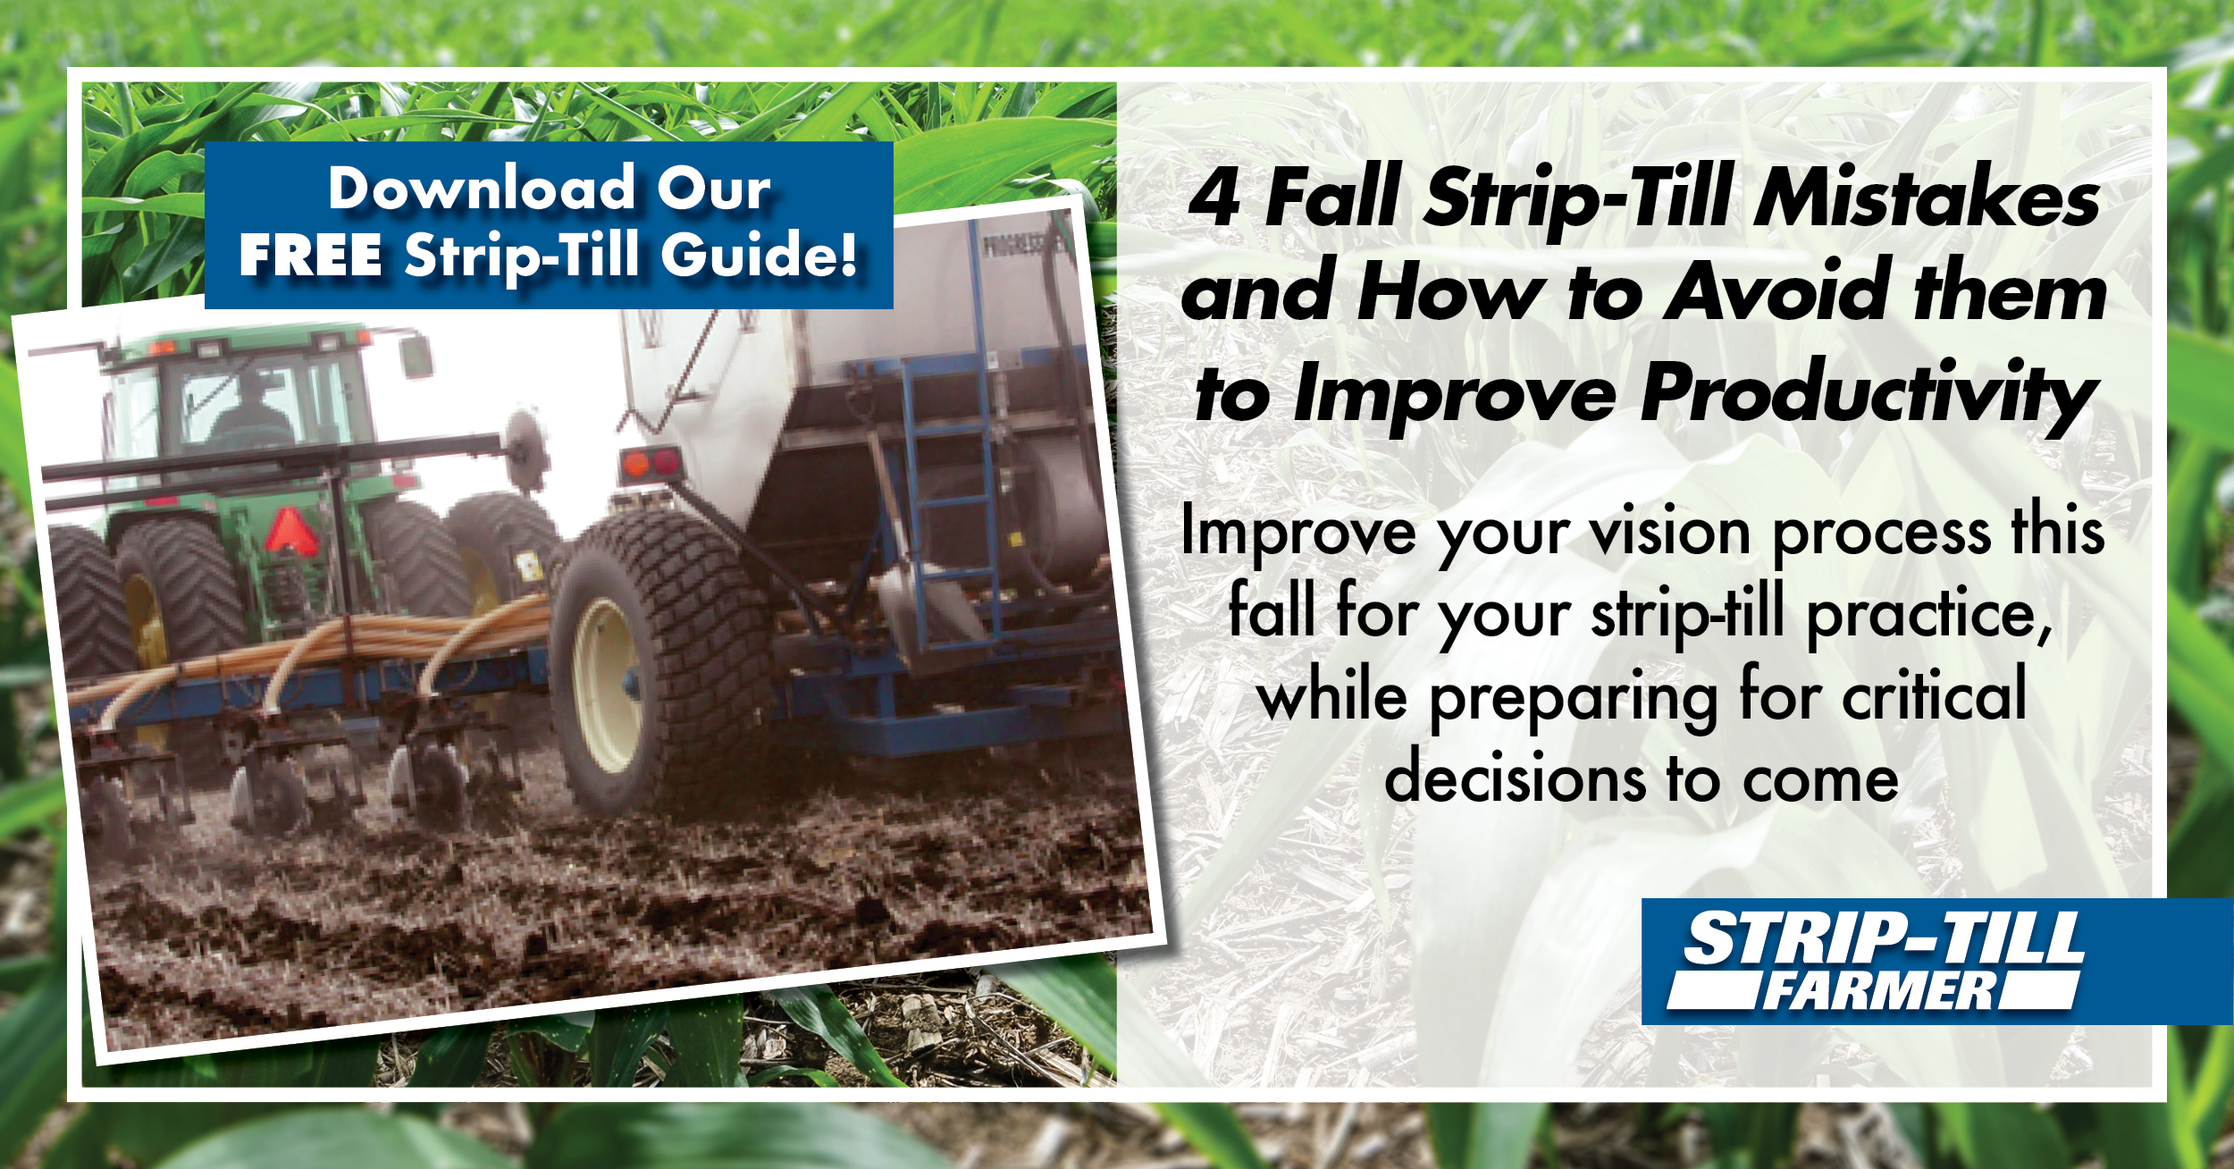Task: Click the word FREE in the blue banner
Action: pyautogui.click(x=311, y=256)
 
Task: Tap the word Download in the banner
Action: pyautogui.click(x=482, y=189)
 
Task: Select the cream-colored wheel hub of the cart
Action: pyautogui.click(x=609, y=684)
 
